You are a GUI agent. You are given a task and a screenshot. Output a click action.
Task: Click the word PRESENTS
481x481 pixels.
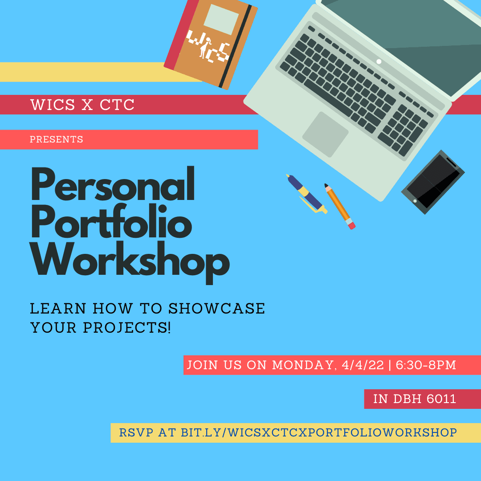coord(57,139)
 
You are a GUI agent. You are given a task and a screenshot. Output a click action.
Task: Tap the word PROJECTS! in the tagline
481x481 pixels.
coord(126,328)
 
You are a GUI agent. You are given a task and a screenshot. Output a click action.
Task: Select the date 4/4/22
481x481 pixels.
coord(363,365)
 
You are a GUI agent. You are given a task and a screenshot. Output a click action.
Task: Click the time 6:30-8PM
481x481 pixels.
coord(426,365)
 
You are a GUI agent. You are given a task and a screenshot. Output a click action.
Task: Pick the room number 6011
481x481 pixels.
coord(441,399)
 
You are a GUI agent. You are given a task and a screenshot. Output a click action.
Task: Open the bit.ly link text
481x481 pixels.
coord(318,432)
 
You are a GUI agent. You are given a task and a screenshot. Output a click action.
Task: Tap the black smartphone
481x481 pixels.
coord(433,182)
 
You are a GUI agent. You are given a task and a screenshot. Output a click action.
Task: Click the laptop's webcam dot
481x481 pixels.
coord(379,61)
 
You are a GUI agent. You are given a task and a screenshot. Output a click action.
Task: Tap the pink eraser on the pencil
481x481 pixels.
coord(352,225)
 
